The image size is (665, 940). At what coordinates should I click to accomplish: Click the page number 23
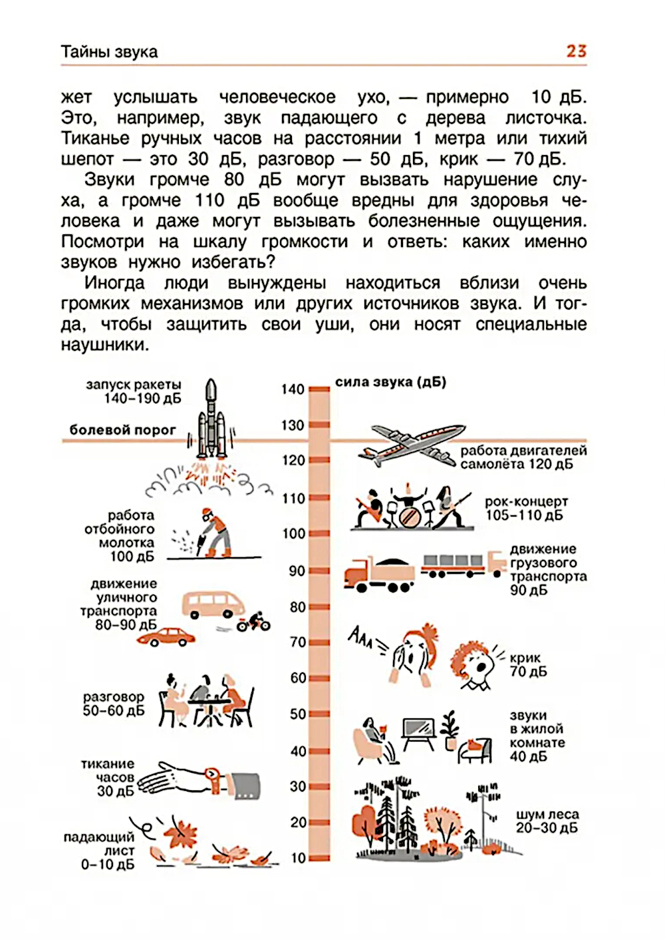tap(576, 51)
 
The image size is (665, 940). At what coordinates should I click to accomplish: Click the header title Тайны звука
tap(110, 52)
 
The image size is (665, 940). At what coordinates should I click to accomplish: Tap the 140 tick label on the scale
tap(293, 389)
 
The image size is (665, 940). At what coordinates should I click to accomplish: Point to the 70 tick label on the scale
tap(298, 642)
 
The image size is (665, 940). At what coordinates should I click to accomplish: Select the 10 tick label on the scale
tap(298, 857)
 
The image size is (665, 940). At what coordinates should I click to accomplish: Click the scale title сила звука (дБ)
tap(390, 382)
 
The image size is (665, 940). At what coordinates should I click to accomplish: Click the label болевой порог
tap(123, 430)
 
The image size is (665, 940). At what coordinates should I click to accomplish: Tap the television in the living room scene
tap(418, 734)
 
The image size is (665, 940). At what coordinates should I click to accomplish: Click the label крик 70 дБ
tap(528, 664)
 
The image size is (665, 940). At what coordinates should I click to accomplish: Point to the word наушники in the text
tap(105, 345)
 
